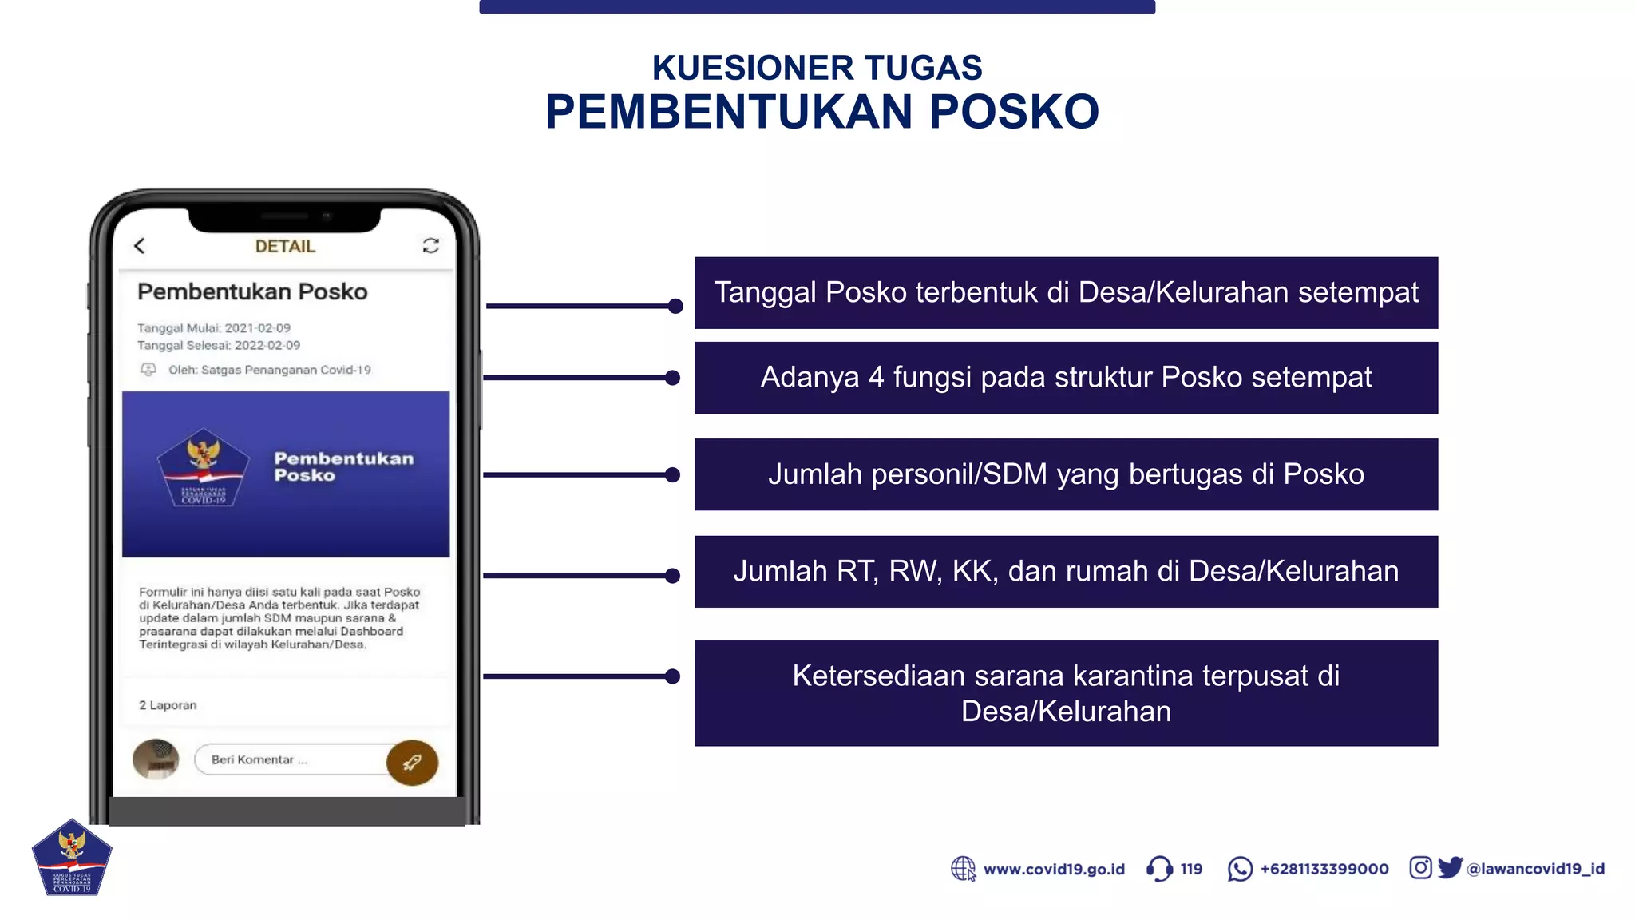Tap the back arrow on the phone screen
pos(140,246)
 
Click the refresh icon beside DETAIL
pos(431,245)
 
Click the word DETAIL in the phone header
pos(285,246)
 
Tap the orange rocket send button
pos(412,763)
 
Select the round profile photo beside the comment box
pos(156,759)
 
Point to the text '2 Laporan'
pos(168,705)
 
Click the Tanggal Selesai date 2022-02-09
pos(267,345)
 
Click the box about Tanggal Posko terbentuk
pos(1066,292)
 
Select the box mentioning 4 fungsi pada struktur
pos(1066,378)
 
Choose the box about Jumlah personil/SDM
pos(1066,474)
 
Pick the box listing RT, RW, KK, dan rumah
pos(1066,572)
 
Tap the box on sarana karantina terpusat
pos(1066,693)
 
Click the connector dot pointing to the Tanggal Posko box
pos(675,306)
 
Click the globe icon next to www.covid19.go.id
pos(964,869)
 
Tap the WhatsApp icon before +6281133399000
pos(1240,869)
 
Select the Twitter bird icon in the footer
pos(1450,867)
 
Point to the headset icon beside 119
pos(1159,869)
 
